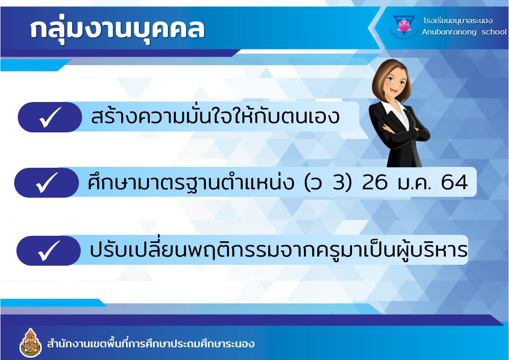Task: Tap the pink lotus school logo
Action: pos(404,25)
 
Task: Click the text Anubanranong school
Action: pos(464,32)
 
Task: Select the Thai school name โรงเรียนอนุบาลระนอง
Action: pos(458,21)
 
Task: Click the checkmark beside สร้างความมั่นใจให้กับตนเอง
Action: pos(50,117)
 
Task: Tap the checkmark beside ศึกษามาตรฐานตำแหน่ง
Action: pos(47,183)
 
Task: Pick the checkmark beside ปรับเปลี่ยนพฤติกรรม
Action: pos(49,251)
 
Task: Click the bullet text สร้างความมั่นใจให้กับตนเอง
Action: pos(215,116)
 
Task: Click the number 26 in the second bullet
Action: pos(375,182)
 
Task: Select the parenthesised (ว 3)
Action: pos(328,182)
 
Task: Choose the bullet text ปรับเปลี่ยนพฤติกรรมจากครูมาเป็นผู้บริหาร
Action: pos(279,249)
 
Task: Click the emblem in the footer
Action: pos(30,343)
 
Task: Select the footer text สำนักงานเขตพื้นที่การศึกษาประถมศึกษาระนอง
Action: pos(151,344)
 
